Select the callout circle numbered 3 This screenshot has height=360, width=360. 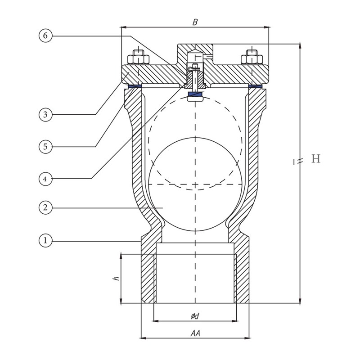(x=46, y=114)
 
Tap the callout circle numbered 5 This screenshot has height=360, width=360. (x=46, y=146)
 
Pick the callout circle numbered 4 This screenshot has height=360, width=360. (x=46, y=179)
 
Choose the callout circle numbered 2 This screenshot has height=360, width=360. (x=46, y=207)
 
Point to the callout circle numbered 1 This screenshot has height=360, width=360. (x=46, y=240)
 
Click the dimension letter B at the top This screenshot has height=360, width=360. (x=195, y=21)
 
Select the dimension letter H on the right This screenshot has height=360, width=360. (x=316, y=159)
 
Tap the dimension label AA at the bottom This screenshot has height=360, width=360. (x=195, y=333)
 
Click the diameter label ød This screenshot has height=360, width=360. (x=194, y=316)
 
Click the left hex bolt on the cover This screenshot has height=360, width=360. (x=137, y=59)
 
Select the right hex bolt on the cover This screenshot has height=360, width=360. (x=251, y=59)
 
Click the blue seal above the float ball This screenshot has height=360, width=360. (x=195, y=94)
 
